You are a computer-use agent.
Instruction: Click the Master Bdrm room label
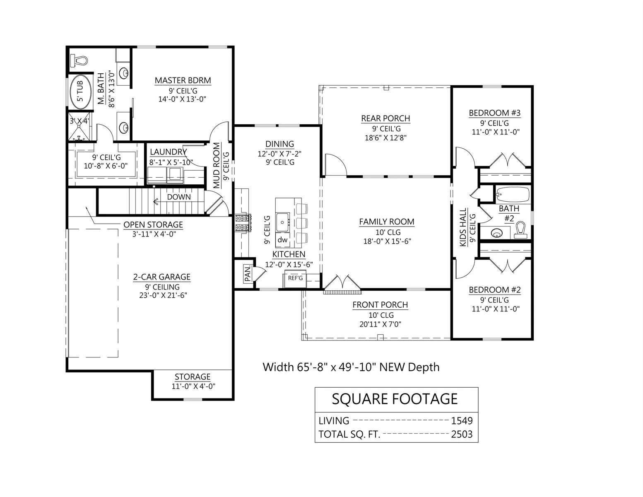tap(183, 80)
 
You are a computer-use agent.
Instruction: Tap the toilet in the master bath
tap(79, 61)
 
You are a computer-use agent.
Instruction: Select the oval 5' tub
tap(80, 92)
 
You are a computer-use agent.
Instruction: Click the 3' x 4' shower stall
tap(79, 126)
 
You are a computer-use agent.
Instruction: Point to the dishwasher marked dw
tap(282, 239)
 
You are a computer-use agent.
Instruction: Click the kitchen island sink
tap(283, 222)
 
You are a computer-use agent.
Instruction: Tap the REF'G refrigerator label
tap(295, 278)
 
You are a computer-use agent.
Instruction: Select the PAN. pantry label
tap(248, 273)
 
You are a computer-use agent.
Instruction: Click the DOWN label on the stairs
tap(179, 197)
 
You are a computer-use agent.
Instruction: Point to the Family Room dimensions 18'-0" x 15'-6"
tap(387, 241)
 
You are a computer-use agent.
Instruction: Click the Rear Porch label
tap(385, 118)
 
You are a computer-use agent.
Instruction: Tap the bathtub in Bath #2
tap(513, 195)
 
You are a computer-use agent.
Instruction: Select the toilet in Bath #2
tap(521, 230)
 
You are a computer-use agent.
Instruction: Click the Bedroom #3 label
tap(495, 113)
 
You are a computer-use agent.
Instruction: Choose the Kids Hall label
tap(463, 227)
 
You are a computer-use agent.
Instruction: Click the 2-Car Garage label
tap(162, 277)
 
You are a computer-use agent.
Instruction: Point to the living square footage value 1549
tap(462, 421)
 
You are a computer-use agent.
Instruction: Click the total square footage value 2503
tap(462, 434)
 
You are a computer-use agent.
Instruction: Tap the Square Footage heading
tap(395, 399)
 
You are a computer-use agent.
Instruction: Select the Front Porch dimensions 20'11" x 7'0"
tap(380, 324)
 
